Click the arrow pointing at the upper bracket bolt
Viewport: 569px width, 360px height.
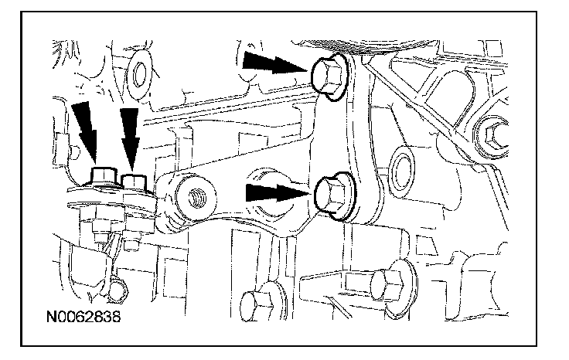271,64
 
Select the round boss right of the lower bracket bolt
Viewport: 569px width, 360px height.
401,166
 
